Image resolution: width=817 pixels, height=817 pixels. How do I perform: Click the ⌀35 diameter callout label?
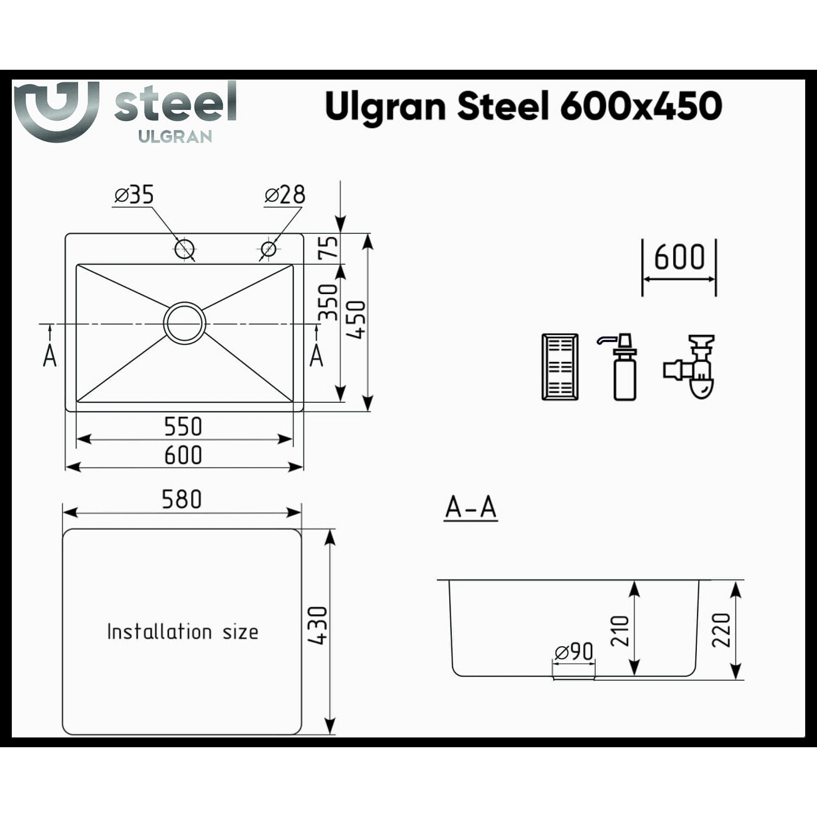point(134,195)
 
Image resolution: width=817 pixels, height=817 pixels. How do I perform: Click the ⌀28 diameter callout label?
point(285,195)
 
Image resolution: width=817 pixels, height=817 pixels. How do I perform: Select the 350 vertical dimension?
point(328,302)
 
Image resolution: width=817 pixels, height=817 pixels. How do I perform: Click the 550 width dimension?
point(183,427)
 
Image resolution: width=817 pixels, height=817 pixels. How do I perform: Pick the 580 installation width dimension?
point(182,500)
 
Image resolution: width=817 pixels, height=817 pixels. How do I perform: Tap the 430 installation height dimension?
point(318,625)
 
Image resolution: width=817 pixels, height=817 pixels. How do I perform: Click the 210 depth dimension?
point(620,630)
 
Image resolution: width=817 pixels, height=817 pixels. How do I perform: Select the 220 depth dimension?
point(721,630)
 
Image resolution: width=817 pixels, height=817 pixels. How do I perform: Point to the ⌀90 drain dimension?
point(574,652)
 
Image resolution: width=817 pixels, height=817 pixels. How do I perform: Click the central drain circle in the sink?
point(184,323)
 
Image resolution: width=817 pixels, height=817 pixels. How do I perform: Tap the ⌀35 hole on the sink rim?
point(184,249)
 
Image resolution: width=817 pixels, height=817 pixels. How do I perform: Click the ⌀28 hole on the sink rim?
point(268,249)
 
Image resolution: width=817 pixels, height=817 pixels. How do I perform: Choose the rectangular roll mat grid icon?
point(559,367)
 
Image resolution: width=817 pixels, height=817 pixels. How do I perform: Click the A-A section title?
point(471,507)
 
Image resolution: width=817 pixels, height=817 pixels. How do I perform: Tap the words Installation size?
point(182,632)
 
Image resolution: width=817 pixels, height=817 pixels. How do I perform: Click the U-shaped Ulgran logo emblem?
point(57,110)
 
